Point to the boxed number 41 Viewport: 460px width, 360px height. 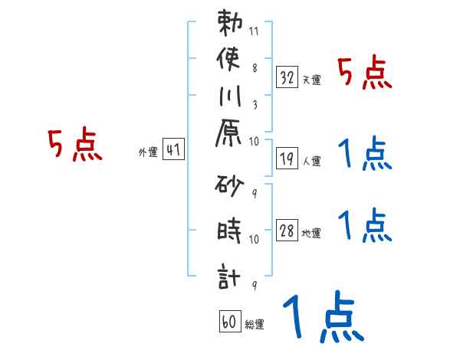point(173,150)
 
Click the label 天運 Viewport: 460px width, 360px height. point(311,80)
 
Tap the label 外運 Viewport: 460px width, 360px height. point(148,152)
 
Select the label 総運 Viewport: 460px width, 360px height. point(254,325)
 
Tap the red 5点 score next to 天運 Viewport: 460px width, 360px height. point(364,74)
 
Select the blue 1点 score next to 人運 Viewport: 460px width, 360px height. point(364,155)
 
